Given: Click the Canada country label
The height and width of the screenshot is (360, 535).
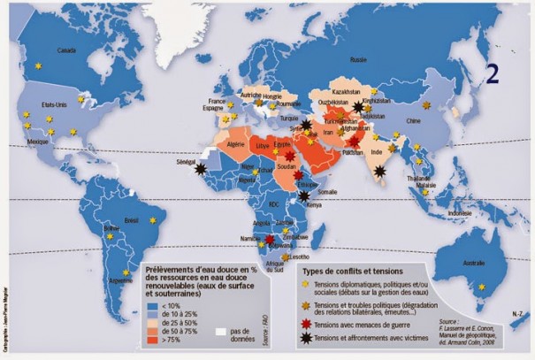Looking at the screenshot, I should pyautogui.click(x=65, y=51).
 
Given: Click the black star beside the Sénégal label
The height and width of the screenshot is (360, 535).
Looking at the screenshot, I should pyautogui.click(x=203, y=166).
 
